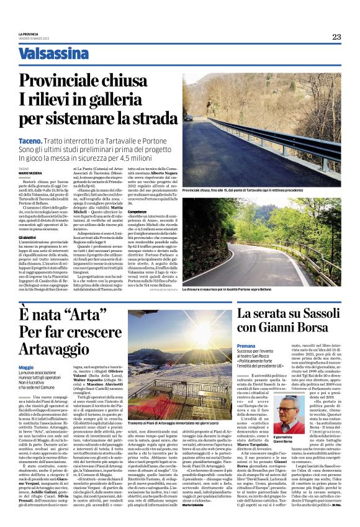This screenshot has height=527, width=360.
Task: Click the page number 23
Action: pos(336,37)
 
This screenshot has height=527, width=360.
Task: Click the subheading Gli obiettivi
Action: pos(28,238)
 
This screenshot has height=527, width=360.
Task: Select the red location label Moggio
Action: pos(26,367)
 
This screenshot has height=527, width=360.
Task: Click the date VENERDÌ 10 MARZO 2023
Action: pos(34,38)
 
